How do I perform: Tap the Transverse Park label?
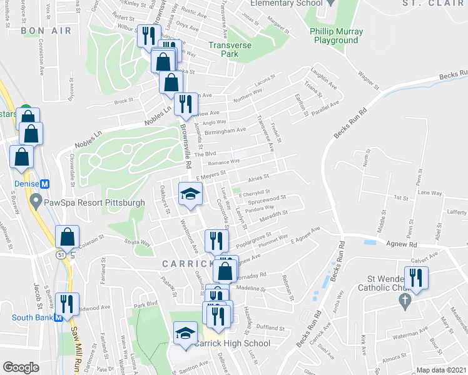(230, 49)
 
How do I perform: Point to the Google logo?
(21, 367)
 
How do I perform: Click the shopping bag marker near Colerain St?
(67, 237)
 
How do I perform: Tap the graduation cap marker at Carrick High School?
(185, 333)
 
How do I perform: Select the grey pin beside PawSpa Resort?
(36, 202)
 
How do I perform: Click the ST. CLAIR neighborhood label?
(427, 3)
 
